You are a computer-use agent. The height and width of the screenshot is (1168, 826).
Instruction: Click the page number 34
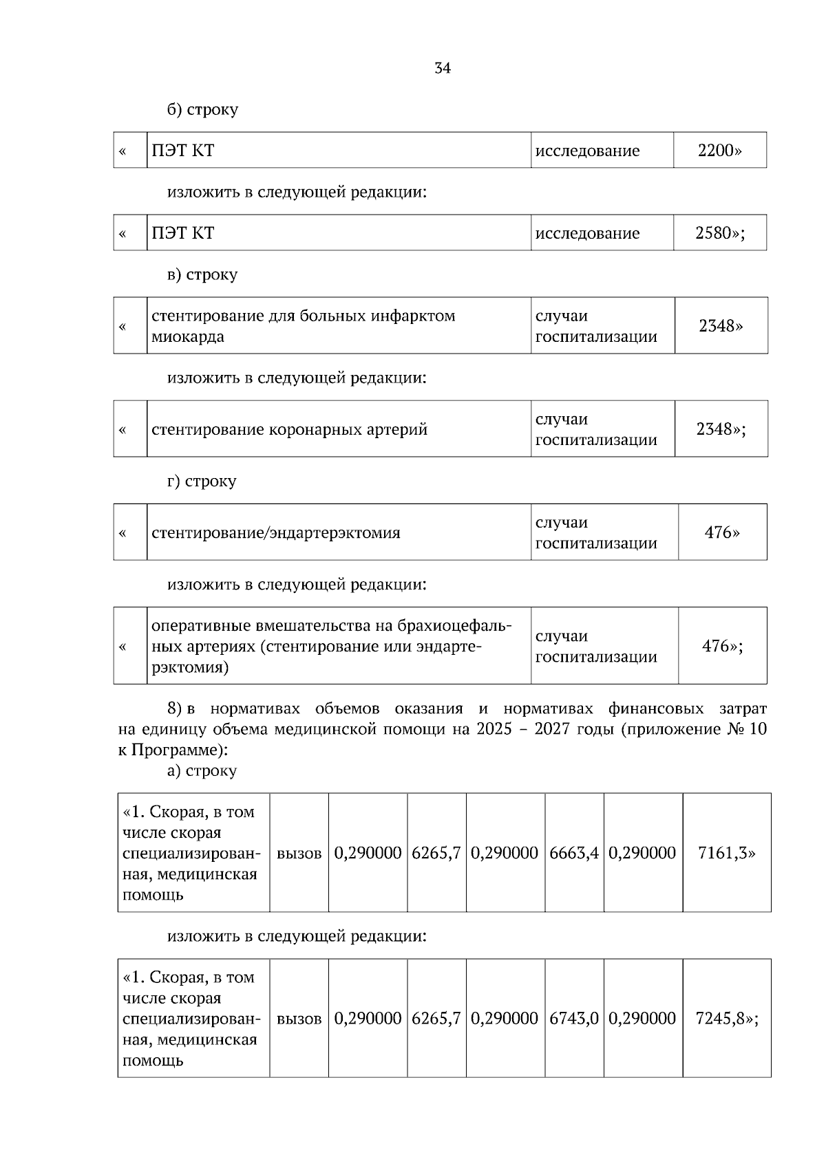click(443, 68)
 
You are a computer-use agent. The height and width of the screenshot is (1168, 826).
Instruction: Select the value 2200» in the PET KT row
click(719, 151)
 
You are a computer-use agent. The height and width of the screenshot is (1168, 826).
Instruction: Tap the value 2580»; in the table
click(720, 233)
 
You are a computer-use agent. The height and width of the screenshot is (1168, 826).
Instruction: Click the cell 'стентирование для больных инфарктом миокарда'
click(303, 326)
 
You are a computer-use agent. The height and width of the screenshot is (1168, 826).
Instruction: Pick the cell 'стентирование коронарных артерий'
click(290, 430)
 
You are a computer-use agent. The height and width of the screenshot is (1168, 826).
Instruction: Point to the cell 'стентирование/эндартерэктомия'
click(276, 533)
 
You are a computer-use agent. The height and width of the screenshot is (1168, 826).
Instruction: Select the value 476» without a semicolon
click(722, 532)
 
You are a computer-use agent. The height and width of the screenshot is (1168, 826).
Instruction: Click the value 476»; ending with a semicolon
click(722, 646)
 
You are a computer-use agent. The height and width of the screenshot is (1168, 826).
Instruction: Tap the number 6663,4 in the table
click(574, 853)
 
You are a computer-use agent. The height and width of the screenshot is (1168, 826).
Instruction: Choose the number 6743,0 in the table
click(574, 1018)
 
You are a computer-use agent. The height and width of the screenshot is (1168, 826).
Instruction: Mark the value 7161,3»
click(726, 853)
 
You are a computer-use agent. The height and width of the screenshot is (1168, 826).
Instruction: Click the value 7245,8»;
click(727, 1018)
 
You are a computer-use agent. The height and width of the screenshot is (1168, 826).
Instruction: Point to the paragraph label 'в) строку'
click(202, 274)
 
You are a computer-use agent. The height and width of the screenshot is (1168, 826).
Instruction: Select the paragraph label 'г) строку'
click(202, 481)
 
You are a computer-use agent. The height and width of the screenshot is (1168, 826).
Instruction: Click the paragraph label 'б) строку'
click(202, 109)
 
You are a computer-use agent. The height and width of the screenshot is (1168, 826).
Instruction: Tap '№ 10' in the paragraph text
click(746, 729)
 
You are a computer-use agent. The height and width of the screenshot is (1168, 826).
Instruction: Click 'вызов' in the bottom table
click(299, 1019)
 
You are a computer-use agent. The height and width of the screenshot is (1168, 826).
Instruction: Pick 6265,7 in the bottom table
click(436, 1018)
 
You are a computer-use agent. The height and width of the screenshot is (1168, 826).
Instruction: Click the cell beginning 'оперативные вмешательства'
click(331, 646)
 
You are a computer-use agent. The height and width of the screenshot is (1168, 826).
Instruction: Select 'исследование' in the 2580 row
click(587, 233)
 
